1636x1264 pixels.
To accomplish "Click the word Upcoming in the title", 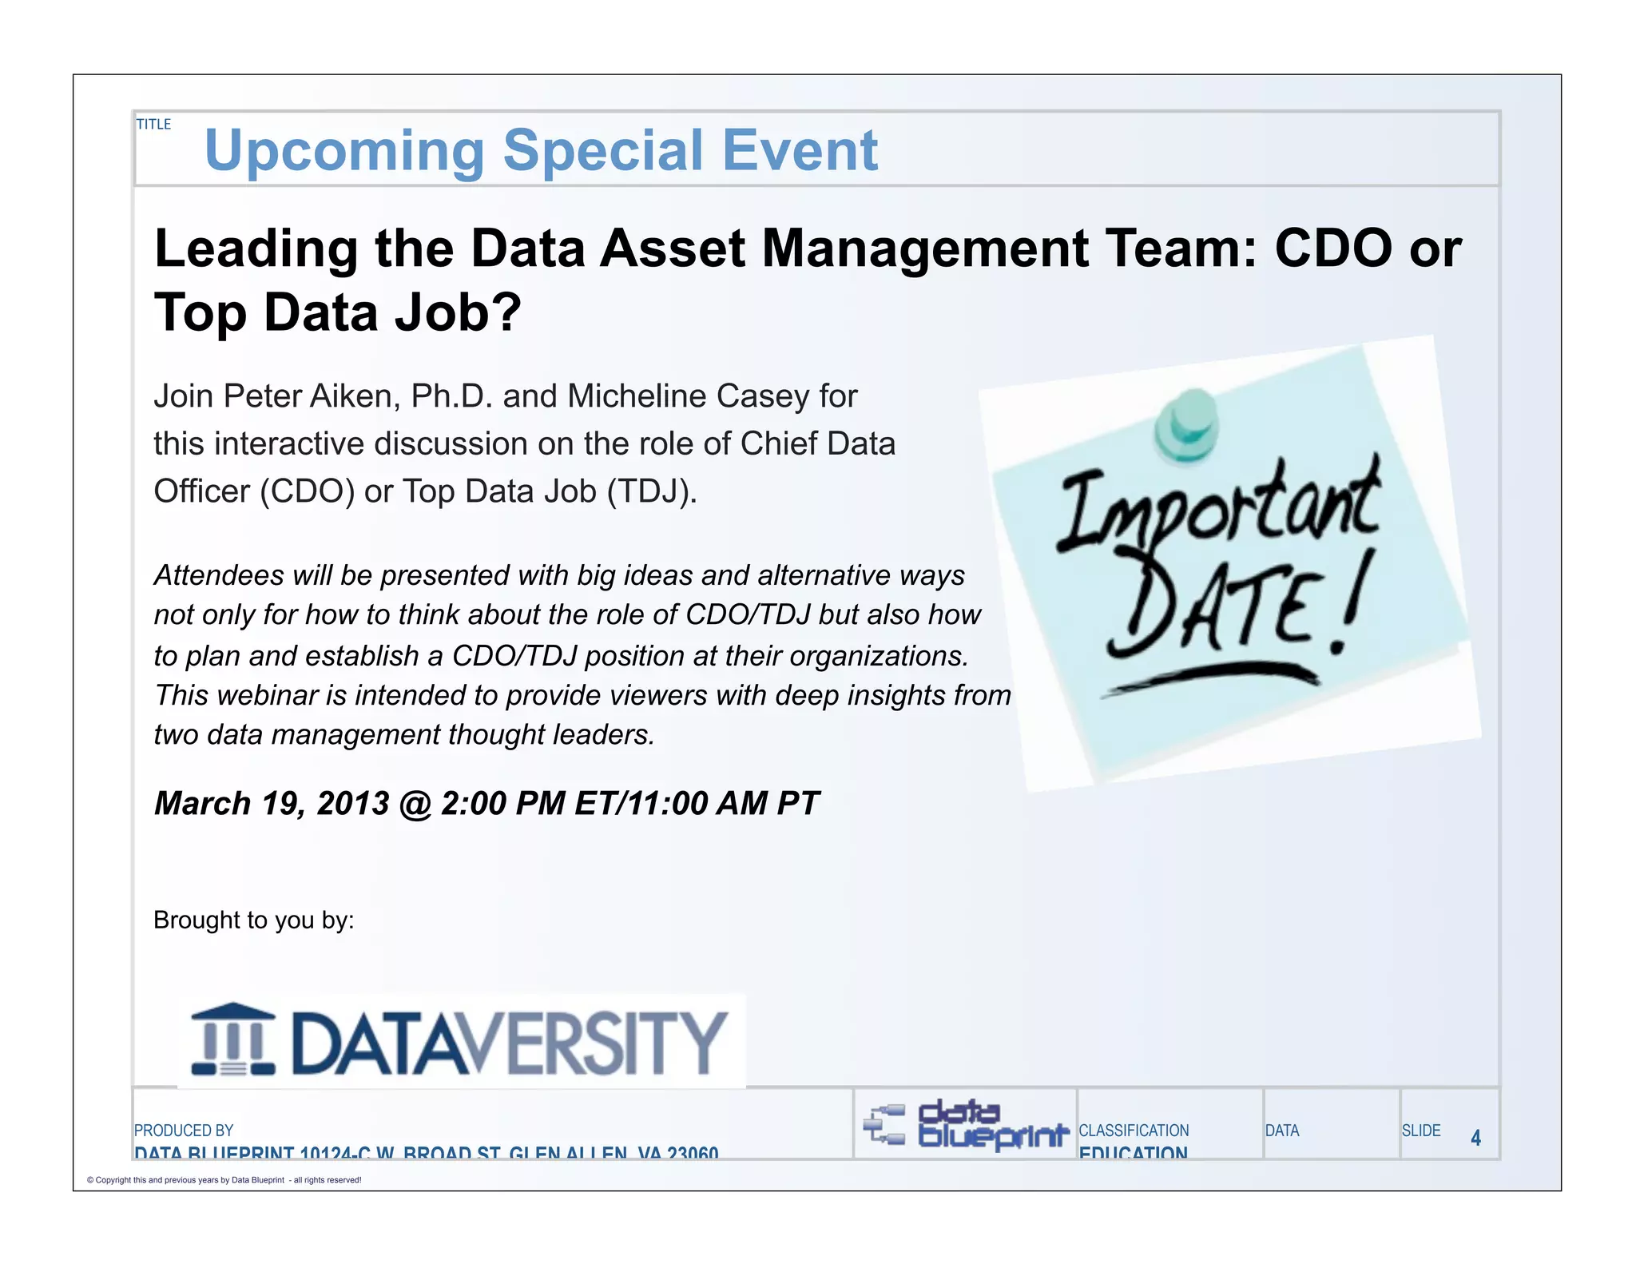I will point(344,151).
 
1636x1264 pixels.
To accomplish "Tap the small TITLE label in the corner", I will point(153,125).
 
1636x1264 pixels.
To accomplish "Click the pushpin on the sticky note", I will point(1188,425).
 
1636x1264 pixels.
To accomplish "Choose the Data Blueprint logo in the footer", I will point(967,1125).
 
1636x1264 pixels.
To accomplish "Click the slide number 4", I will point(1475,1138).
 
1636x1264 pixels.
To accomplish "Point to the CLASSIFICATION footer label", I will point(1134,1131).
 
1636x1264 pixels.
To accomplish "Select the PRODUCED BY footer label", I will point(184,1131).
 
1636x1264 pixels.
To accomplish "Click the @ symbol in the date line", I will point(415,804).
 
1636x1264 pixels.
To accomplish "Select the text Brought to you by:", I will point(254,920).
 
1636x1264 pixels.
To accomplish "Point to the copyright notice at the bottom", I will point(224,1180).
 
